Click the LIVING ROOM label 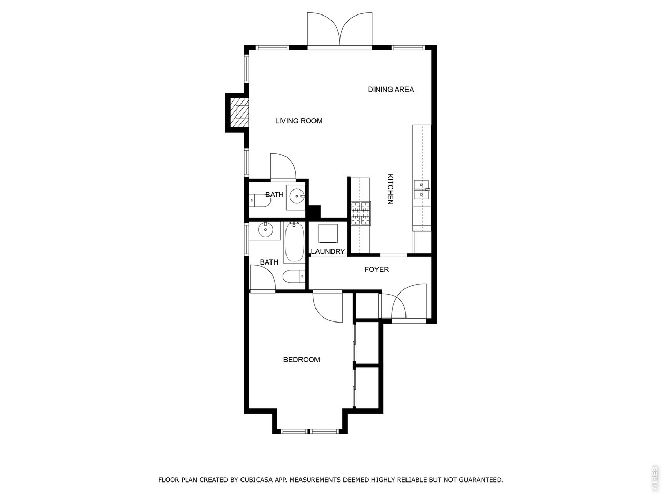298,121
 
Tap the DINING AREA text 391,90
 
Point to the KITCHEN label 390,189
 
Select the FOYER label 377,269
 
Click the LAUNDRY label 328,251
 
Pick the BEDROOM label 302,360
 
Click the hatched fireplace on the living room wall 239,112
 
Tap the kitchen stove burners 360,213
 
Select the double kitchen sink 422,189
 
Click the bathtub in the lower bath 294,242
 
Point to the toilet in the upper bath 260,200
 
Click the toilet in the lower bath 294,276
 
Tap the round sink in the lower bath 265,231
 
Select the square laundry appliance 328,233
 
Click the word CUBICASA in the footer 257,480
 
